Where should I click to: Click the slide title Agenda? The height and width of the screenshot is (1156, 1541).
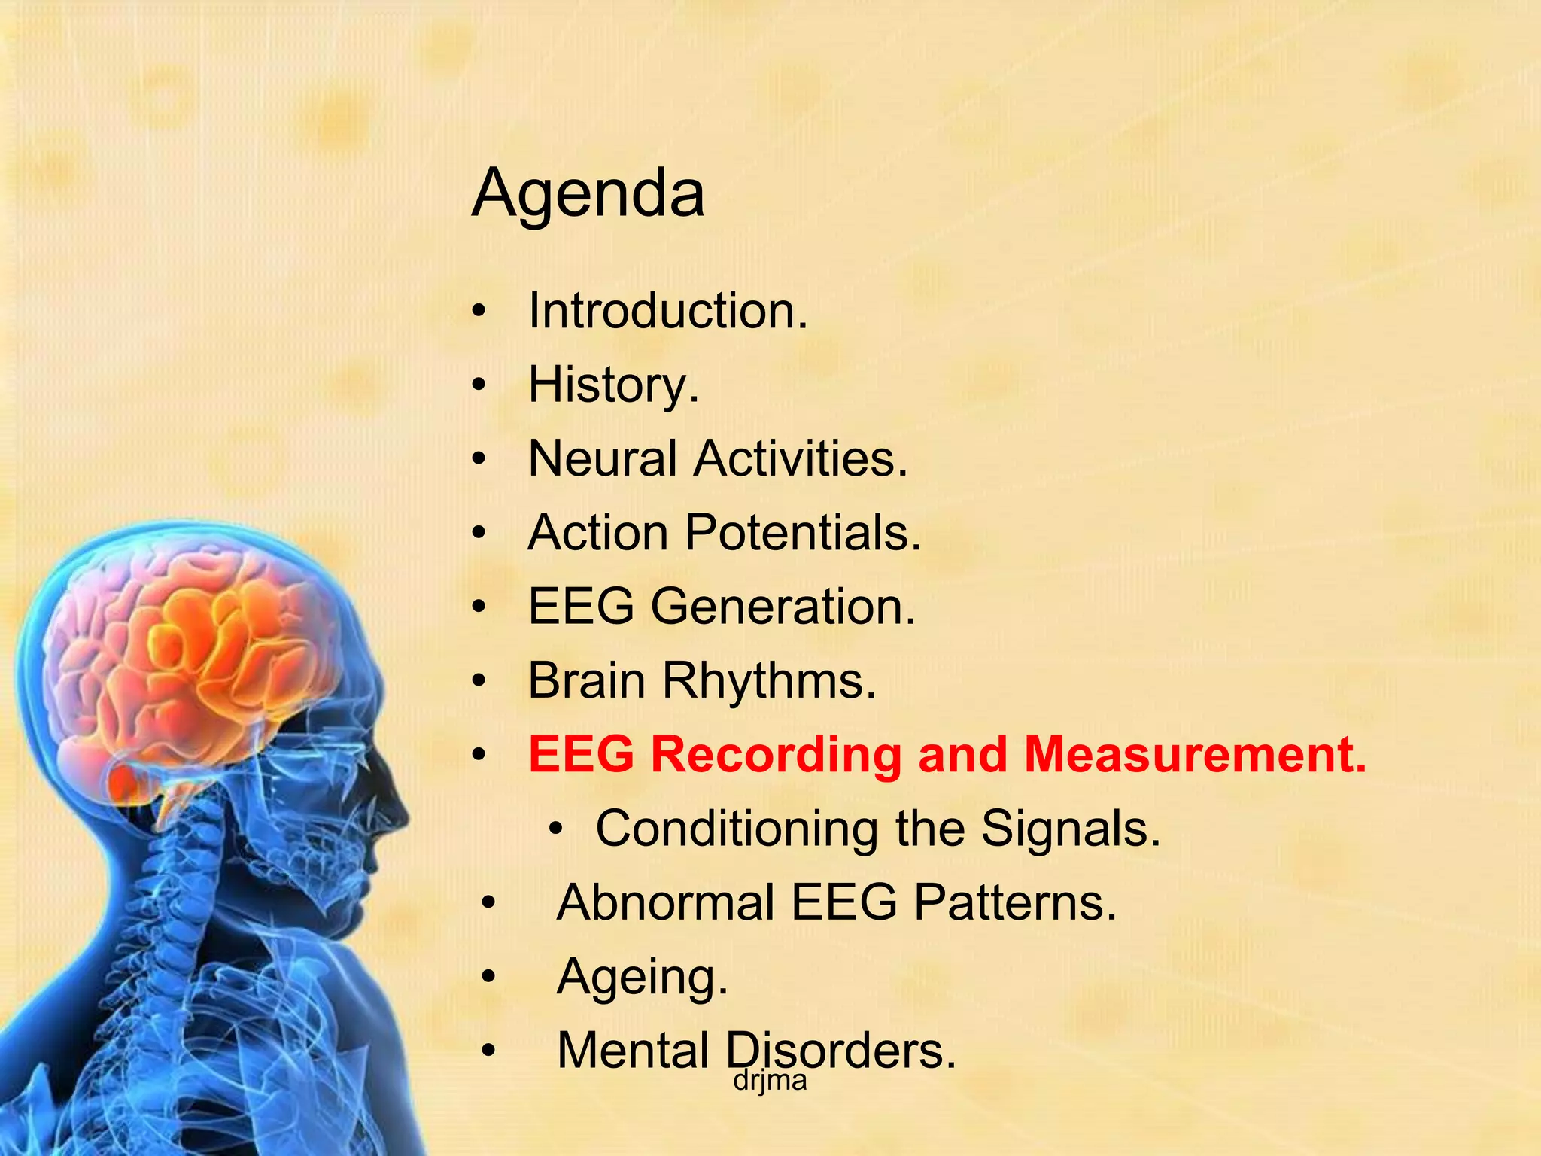(588, 194)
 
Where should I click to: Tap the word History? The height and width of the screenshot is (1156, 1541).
(612, 385)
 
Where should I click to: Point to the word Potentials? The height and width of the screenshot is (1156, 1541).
(802, 533)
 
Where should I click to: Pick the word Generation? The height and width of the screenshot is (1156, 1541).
(783, 607)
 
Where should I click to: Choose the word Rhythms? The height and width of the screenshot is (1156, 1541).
(769, 680)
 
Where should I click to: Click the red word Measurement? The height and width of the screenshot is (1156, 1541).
(1195, 754)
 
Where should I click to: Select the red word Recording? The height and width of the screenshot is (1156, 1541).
(776, 754)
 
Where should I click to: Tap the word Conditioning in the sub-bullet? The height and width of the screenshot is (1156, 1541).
(736, 829)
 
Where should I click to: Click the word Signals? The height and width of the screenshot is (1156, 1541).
(1071, 829)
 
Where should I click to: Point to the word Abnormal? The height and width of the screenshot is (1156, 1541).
(665, 902)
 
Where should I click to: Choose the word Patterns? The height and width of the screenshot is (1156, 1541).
(1015, 902)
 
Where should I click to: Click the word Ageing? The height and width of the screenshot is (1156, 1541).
(642, 977)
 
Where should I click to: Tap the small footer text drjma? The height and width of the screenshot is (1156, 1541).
(770, 1081)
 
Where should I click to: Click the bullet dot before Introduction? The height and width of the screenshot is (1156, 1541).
(480, 311)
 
